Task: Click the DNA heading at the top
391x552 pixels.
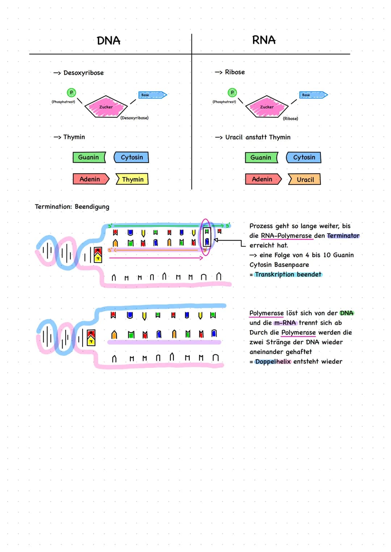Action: [x=109, y=41]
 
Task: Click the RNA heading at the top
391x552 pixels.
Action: [x=264, y=40]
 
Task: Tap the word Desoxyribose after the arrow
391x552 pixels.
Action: [x=84, y=73]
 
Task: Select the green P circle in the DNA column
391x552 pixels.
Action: [x=71, y=93]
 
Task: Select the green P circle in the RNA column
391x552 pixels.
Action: [x=232, y=93]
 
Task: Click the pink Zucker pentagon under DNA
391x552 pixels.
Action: [x=106, y=106]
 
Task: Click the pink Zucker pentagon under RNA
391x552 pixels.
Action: [x=266, y=106]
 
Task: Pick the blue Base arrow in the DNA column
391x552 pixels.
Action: [x=152, y=95]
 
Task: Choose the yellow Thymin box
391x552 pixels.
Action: [x=133, y=179]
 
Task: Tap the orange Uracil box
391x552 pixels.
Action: [x=305, y=180]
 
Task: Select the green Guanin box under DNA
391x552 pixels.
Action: [x=89, y=157]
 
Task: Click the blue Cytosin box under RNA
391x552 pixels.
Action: [x=304, y=157]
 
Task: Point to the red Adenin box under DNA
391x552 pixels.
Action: [x=90, y=179]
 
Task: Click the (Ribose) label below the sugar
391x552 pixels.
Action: [x=290, y=118]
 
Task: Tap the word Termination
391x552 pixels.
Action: [x=53, y=207]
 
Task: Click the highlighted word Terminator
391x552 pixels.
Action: [x=343, y=236]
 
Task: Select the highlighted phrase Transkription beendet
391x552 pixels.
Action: [x=288, y=274]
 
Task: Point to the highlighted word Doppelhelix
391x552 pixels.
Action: [x=273, y=362]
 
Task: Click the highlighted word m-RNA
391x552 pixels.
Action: [x=285, y=323]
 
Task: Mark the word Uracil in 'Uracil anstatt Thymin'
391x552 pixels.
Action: [x=234, y=137]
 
